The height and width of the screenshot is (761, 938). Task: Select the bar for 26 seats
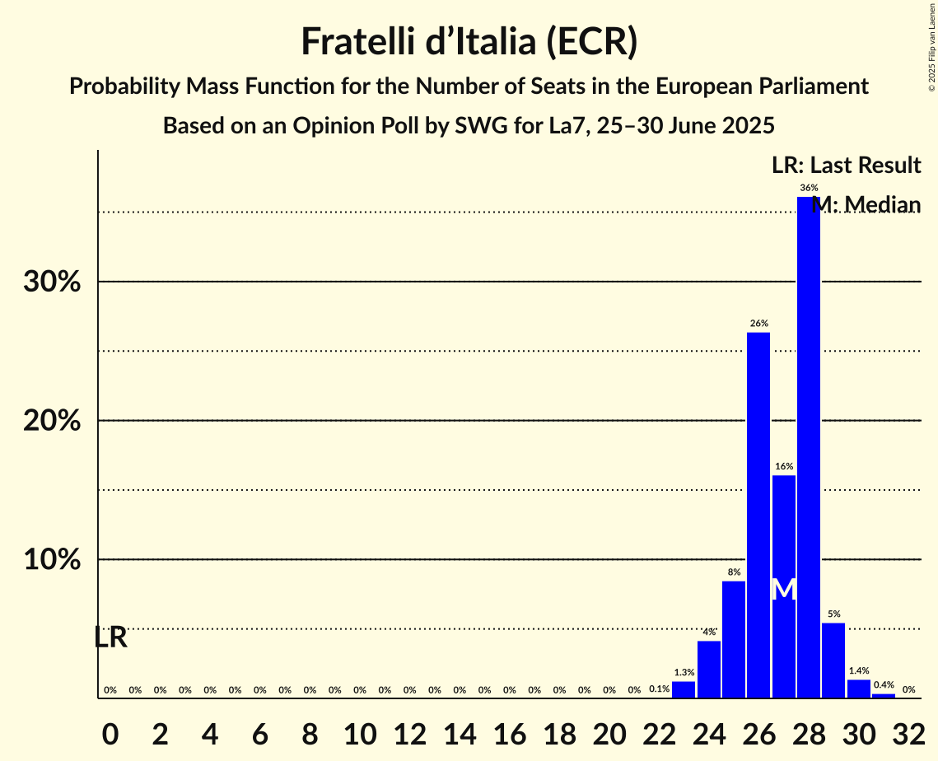click(x=758, y=515)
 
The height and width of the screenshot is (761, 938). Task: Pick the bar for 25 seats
click(x=734, y=639)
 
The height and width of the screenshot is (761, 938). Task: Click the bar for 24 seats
click(x=708, y=669)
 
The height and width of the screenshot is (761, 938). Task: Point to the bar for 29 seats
click(x=833, y=660)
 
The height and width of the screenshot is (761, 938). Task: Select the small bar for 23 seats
click(x=684, y=689)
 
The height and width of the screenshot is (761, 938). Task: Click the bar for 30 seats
click(x=858, y=689)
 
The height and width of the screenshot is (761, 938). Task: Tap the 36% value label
click(x=809, y=188)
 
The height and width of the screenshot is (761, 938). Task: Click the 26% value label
click(x=758, y=323)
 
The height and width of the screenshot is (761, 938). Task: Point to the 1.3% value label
click(x=684, y=672)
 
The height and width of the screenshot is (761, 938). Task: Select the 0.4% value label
click(x=884, y=685)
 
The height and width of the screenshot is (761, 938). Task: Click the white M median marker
click(x=784, y=589)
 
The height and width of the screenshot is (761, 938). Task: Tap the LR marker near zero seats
click(x=110, y=637)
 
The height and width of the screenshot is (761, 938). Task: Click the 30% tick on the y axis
click(x=51, y=282)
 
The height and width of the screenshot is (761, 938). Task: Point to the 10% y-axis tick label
click(x=51, y=560)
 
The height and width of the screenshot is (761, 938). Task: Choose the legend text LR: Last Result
click(x=846, y=166)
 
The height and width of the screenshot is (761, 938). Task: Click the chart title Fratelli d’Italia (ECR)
click(x=469, y=42)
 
